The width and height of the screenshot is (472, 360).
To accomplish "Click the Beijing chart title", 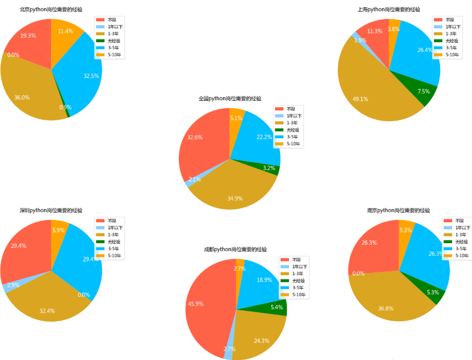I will coord(51,10).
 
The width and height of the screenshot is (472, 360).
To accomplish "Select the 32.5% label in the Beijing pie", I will coord(91,76).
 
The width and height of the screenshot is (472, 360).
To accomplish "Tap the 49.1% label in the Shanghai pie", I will coord(360,99).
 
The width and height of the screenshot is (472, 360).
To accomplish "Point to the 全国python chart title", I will coord(230,99).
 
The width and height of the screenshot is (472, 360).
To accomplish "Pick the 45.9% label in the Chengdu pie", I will coord(196,304).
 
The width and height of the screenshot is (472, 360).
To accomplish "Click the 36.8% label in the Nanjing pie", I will coord(386,308).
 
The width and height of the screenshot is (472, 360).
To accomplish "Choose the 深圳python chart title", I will coord(51,211).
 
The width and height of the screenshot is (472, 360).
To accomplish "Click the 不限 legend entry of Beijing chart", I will coord(112,20).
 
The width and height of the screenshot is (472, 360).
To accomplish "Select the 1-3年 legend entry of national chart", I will coord(292,123).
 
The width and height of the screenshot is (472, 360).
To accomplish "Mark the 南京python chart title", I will coord(398,211).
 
